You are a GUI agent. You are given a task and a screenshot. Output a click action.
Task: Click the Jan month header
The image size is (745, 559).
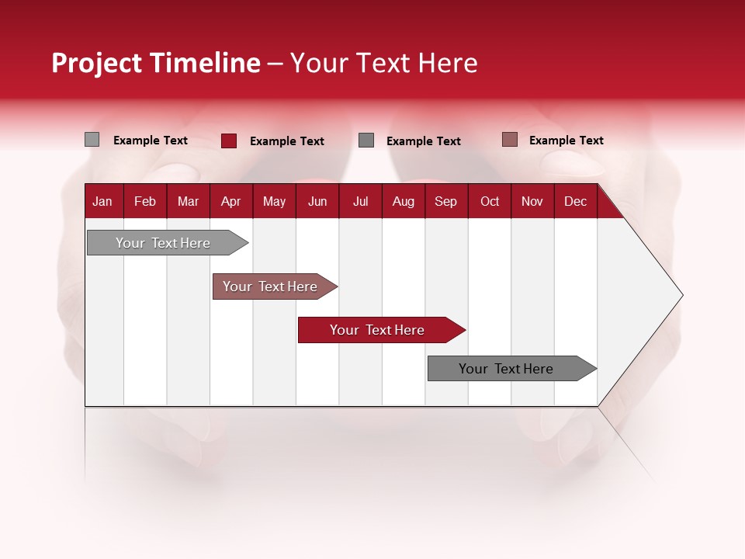coord(102,201)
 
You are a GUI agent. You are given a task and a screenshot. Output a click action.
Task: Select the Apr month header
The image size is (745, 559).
coord(230,201)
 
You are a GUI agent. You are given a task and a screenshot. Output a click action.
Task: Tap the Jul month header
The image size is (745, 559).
coord(360,201)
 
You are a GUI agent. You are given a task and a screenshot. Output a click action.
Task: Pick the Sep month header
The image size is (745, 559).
coord(445,201)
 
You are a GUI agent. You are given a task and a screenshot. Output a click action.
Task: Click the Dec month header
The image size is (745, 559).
coord(575,201)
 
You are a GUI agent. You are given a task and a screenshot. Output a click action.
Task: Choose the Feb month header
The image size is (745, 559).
coord(145,201)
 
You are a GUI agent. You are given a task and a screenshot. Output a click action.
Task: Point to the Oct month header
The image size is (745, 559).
coord(490,201)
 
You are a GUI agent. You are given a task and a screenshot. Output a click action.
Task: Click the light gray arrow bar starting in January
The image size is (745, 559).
coord(163,243)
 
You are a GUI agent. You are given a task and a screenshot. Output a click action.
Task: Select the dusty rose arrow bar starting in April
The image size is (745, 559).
coord(270,286)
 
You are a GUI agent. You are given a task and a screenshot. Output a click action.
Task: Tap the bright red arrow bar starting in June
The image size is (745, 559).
coord(377,330)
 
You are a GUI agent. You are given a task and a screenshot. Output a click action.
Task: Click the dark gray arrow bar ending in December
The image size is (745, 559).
coord(506,369)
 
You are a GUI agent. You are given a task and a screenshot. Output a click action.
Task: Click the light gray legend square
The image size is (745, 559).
coord(92,140)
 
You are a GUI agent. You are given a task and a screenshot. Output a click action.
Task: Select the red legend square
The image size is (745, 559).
coord(229,141)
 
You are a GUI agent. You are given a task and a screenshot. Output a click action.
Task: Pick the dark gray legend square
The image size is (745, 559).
coord(366,141)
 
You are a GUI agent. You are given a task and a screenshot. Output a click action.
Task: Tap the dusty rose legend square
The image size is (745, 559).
coord(509,140)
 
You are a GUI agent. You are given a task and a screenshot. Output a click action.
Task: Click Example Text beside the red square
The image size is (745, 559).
coord(287,141)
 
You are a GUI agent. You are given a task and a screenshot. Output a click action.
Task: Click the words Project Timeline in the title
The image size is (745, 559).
coord(156,63)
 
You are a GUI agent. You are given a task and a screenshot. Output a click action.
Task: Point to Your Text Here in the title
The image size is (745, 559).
coord(384,63)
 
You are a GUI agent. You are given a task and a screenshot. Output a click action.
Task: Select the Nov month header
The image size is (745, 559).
coord(532,201)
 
